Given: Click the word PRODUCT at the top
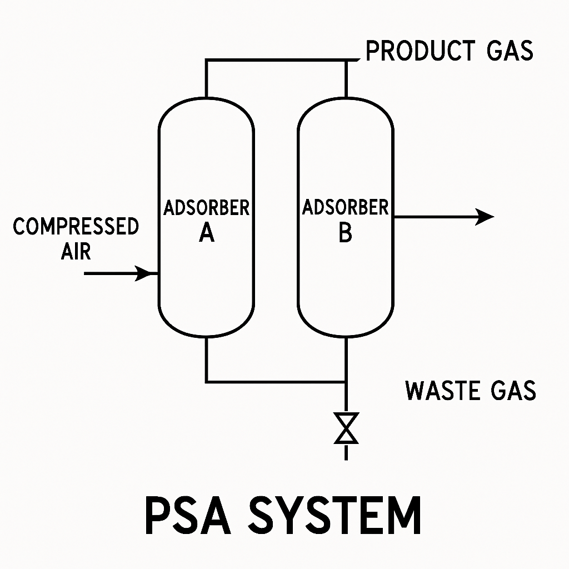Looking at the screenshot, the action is [x=420, y=51].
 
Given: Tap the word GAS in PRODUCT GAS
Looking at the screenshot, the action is [x=510, y=51].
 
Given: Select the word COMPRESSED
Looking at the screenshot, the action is [x=76, y=226].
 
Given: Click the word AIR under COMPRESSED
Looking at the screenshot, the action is [x=76, y=251].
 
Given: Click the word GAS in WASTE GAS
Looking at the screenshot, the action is [x=513, y=391].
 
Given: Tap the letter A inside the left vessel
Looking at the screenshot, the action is [x=207, y=232].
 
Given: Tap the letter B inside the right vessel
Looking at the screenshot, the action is [x=345, y=232].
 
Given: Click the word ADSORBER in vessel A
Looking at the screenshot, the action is [x=207, y=208].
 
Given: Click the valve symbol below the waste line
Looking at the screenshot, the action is [x=346, y=428].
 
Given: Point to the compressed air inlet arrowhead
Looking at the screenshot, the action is [x=144, y=273].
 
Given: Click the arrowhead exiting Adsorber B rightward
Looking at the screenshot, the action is [x=485, y=217].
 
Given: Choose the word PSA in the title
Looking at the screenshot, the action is [x=188, y=515].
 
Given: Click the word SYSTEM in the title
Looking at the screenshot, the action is [x=334, y=515].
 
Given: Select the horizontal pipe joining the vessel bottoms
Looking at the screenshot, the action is [x=276, y=382].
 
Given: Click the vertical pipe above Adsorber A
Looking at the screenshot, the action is [x=207, y=79].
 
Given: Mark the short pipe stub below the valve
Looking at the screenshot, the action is [x=346, y=452].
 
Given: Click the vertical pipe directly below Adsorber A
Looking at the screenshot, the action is [x=207, y=360].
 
